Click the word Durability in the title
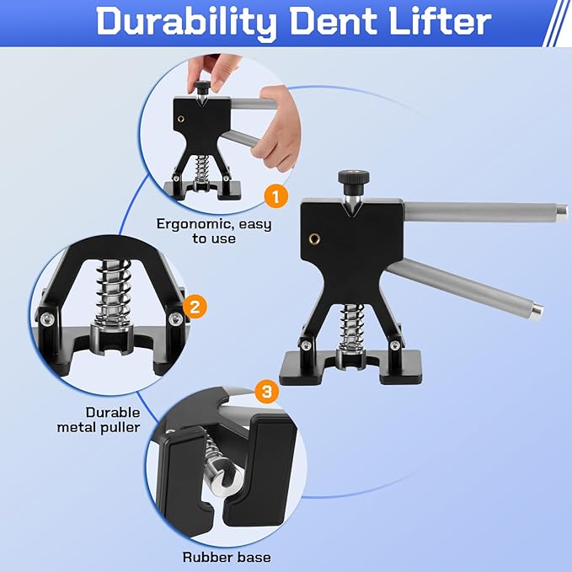tap(186, 22)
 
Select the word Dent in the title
tap(332, 21)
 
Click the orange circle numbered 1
tap(276, 196)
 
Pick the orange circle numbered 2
tap(195, 307)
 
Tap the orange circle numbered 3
tap(267, 392)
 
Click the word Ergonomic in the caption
tap(195, 225)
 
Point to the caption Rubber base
tap(227, 557)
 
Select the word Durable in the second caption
tap(113, 412)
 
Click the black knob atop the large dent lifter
tap(353, 178)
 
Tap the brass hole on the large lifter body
tap(314, 239)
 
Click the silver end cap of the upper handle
tap(562, 211)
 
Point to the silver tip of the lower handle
tap(537, 311)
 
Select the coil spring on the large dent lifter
tap(351, 327)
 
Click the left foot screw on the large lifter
tap(306, 345)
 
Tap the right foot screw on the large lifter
tap(394, 345)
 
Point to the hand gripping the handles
tap(277, 128)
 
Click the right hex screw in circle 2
tap(175, 319)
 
